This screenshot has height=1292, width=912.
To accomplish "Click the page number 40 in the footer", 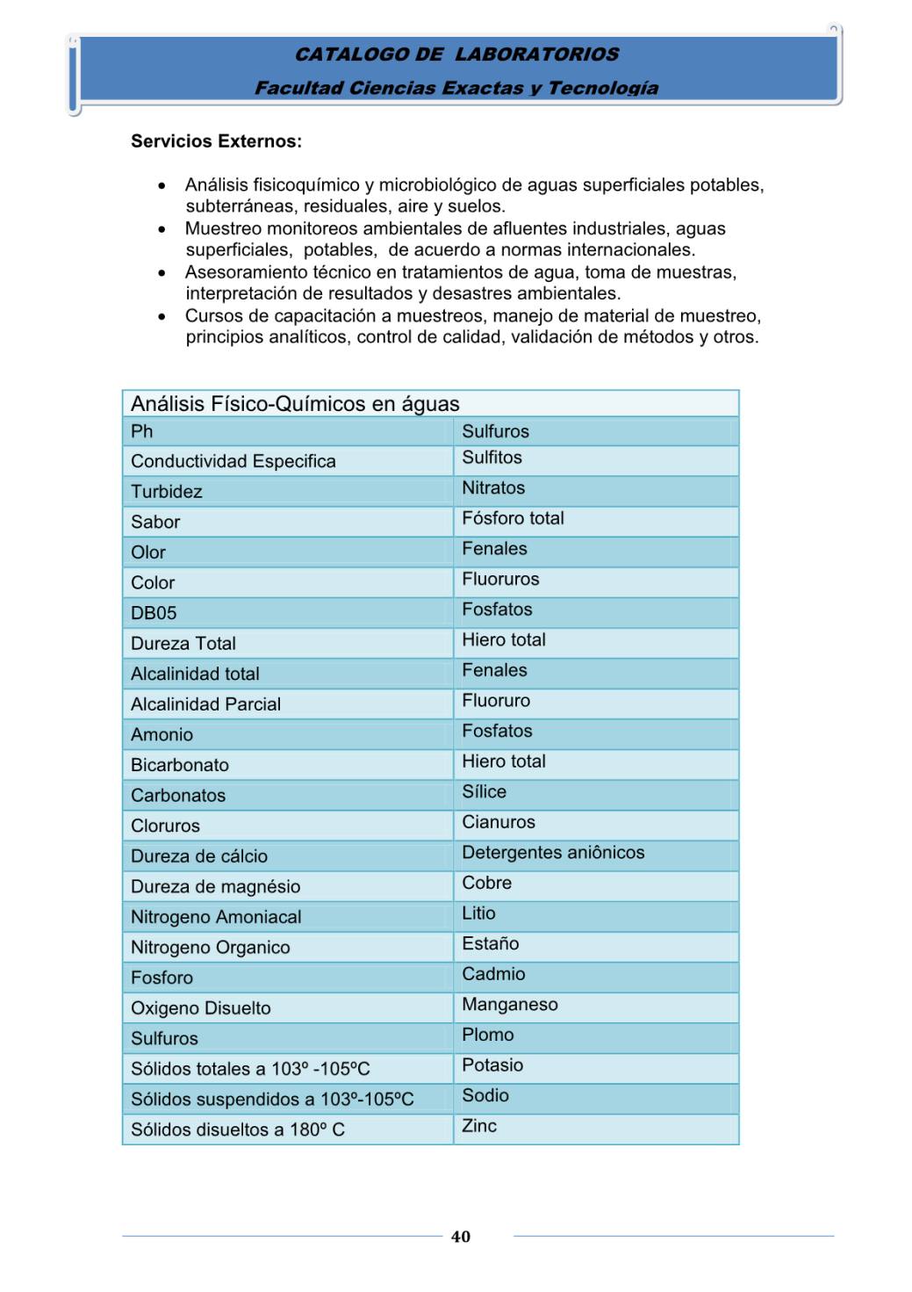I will [461, 1237].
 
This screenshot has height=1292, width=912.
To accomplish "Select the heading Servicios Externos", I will [216, 141].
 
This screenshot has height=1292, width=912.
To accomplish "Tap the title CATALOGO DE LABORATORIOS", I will [456, 54].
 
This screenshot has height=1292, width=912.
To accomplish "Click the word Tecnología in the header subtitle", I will [603, 88].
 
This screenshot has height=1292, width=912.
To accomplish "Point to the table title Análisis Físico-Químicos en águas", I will [295, 404].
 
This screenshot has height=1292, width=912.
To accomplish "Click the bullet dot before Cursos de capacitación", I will [162, 316].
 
